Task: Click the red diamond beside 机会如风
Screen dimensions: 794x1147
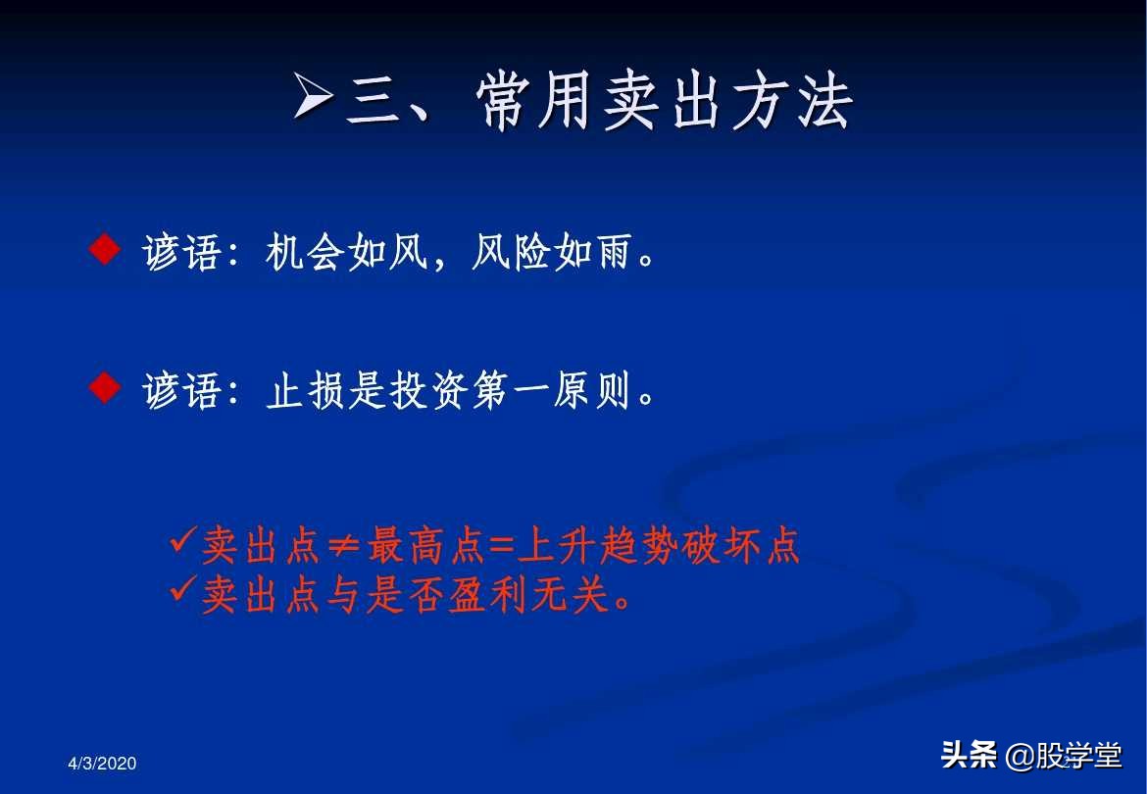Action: coord(103,252)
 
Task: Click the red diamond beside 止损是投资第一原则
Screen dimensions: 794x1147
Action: coord(103,389)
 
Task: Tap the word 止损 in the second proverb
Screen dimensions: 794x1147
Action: coord(305,392)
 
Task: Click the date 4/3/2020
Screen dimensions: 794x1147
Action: coord(102,764)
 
